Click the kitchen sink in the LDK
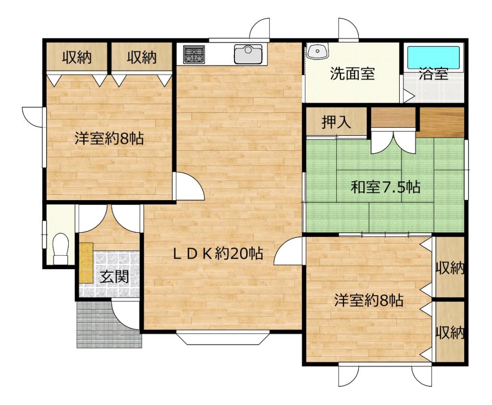pyautogui.click(x=248, y=54)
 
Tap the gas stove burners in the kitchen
pyautogui.click(x=194, y=54)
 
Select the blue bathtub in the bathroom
pyautogui.click(x=433, y=57)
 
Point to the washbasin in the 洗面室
pyautogui.click(x=317, y=50)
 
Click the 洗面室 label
pyautogui.click(x=352, y=74)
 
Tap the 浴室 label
pyautogui.click(x=433, y=74)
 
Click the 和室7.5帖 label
pyautogui.click(x=385, y=187)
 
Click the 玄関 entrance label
pyautogui.click(x=114, y=277)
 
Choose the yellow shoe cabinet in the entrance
pyautogui.click(x=86, y=262)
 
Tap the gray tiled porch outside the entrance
pyautogui.click(x=98, y=324)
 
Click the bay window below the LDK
pyautogui.click(x=222, y=338)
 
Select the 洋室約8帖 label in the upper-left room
pyautogui.click(x=110, y=139)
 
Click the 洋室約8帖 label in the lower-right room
pyautogui.click(x=369, y=301)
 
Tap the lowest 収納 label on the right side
pyautogui.click(x=450, y=333)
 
